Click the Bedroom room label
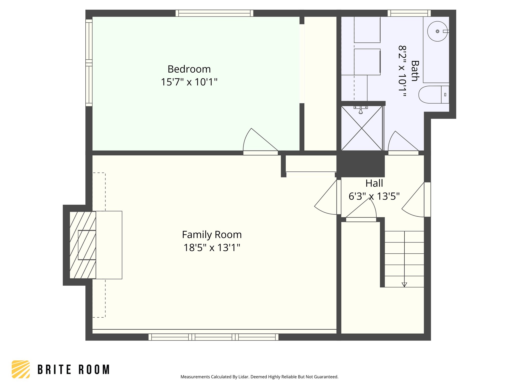pyautogui.click(x=189, y=69)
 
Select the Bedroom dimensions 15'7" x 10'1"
pyautogui.click(x=189, y=82)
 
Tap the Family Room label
pyautogui.click(x=212, y=235)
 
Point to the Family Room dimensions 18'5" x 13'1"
pyautogui.click(x=212, y=248)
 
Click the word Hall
pyautogui.click(x=374, y=183)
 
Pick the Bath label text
pyautogui.click(x=415, y=71)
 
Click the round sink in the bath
pyautogui.click(x=437, y=31)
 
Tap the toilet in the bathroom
pyautogui.click(x=433, y=94)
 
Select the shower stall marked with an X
pyautogui.click(x=362, y=128)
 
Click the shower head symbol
pyautogui.click(x=361, y=111)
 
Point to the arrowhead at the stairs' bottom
pyautogui.click(x=404, y=285)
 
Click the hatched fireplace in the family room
pyautogui.click(x=83, y=245)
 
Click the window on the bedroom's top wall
pyautogui.click(x=214, y=13)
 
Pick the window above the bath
pyautogui.click(x=409, y=13)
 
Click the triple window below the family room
pyautogui.click(x=213, y=337)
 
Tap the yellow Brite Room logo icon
pyautogui.click(x=21, y=369)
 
